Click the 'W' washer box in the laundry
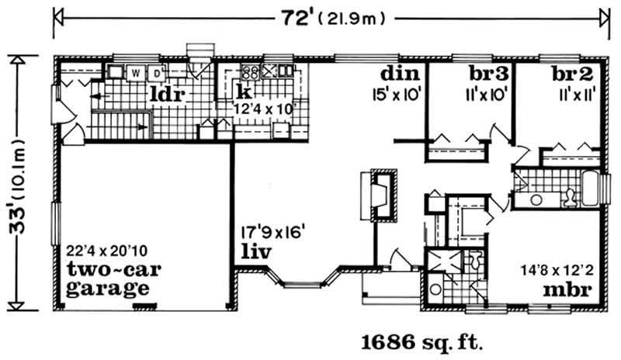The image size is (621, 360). coord(136,74)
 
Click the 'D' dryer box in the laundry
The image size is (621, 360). coord(155,74)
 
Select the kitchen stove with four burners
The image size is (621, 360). coord(250,74)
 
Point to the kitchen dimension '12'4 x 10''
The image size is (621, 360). coord(266,109)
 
